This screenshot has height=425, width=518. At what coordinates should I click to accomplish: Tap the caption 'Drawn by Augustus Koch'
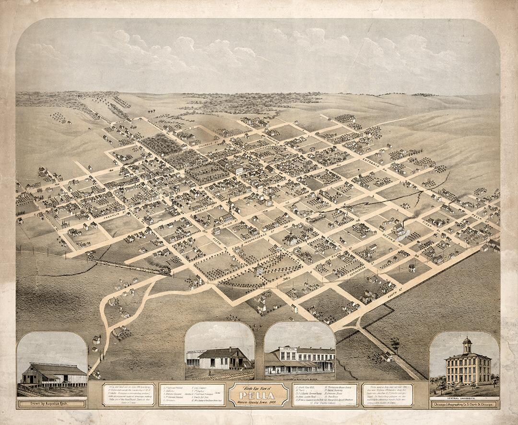(x=52, y=404)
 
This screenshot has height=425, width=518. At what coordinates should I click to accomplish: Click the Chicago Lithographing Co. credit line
(x=464, y=404)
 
